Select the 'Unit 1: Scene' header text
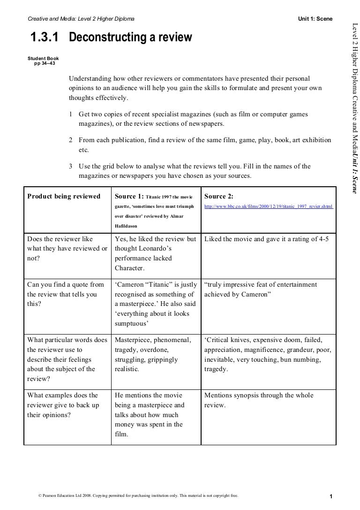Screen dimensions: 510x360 [x=315, y=19]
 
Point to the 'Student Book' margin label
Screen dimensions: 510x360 [x=44, y=58]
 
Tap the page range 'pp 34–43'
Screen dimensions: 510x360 [x=45, y=62]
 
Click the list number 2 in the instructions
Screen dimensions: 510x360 [x=70, y=140]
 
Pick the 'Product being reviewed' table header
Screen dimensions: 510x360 [x=64, y=196]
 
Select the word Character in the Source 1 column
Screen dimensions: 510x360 [x=129, y=268]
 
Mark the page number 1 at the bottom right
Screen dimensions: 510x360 [x=331, y=497]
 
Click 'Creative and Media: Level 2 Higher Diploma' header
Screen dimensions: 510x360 [x=81, y=19]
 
